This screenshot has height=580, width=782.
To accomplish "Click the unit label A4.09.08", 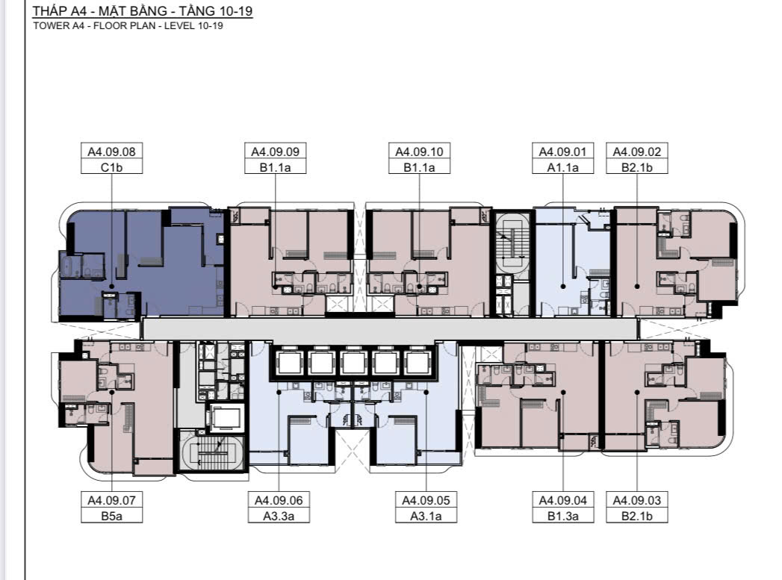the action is [112, 152].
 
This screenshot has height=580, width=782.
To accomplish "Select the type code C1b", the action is [112, 167].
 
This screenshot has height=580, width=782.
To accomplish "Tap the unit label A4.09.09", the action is [276, 152].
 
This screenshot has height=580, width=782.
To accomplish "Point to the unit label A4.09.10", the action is [420, 152].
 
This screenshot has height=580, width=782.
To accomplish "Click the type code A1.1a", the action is [563, 167].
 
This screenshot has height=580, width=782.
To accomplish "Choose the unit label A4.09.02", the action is [637, 152].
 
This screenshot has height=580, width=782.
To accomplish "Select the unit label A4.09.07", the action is [112, 500].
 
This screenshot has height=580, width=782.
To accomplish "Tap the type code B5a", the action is [112, 517].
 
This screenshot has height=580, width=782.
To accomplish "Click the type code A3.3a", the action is [279, 517].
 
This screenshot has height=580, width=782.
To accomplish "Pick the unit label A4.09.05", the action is [426, 500].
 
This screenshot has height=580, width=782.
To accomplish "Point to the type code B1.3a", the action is [563, 517].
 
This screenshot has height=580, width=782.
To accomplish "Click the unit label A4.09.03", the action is [637, 500].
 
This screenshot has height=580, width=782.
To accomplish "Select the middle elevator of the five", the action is [353, 363].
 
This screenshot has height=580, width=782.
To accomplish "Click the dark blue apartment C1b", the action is [142, 264].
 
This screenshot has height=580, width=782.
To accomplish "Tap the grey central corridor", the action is [389, 329].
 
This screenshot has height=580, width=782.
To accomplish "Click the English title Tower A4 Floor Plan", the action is [128, 26].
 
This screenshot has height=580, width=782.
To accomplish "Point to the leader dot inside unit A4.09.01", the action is [563, 287].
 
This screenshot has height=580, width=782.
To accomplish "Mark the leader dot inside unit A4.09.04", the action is [563, 392].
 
